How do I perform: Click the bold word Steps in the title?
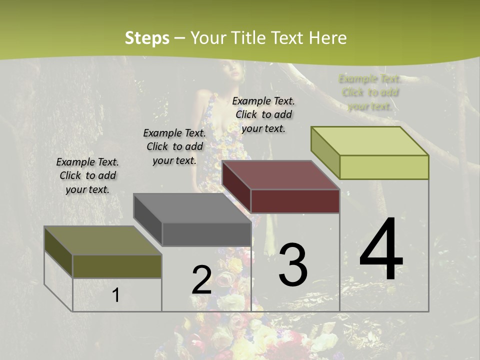coord(147,38)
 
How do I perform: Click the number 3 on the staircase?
coord(293,264)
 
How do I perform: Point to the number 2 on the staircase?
coord(201,280)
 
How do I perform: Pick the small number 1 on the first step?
coord(115,295)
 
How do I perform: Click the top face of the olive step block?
coord(103,240)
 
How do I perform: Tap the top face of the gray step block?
coord(192,208)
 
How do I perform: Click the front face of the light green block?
coord(384,167)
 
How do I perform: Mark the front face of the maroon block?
coord(295,201)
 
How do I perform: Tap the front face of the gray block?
coord(206,234)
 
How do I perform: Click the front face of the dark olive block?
coord(117,266)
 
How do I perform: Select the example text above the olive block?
coord(87,175)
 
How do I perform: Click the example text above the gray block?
coord(174,146)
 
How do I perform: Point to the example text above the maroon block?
coord(263,114)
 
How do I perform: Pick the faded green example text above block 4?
coord(370,92)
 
